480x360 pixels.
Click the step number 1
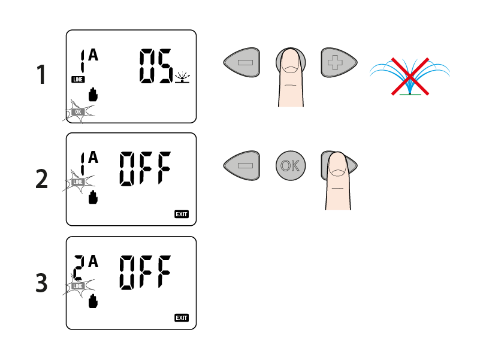[x=41, y=76]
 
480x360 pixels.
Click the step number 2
[x=41, y=179]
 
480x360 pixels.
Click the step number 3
[x=41, y=283]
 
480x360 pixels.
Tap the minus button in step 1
[x=242, y=62]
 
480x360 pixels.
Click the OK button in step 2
[x=291, y=165]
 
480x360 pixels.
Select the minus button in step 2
[x=242, y=165]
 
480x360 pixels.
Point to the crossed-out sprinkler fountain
[x=410, y=76]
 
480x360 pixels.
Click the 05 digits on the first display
[x=155, y=66]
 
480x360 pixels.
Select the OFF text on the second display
[x=145, y=168]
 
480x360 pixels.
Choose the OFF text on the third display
[x=145, y=272]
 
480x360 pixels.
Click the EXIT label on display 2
[x=181, y=214]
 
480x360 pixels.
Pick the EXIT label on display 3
[x=181, y=317]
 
